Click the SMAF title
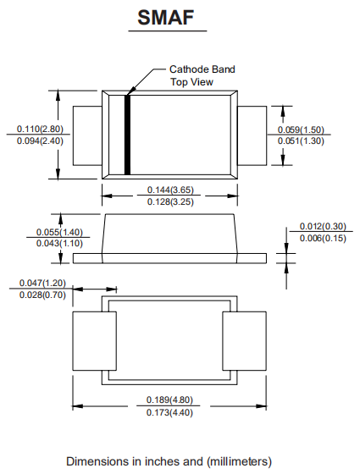point(166,17)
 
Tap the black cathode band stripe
point(127,135)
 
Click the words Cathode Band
point(202,69)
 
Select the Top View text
point(191,82)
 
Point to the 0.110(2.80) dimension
point(40,129)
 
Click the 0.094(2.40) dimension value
point(40,141)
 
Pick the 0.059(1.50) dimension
point(301,130)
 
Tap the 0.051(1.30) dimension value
point(301,141)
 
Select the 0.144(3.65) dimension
point(170,190)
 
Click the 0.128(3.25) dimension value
point(170,201)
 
